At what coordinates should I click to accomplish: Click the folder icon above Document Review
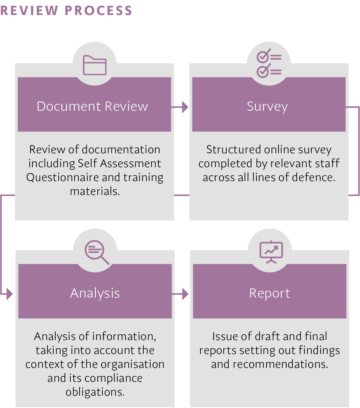(95, 65)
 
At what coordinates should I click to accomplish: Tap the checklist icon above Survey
(269, 63)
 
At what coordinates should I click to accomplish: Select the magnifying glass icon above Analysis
(96, 252)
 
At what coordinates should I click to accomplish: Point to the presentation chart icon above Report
(271, 252)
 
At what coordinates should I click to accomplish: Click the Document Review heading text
(92, 106)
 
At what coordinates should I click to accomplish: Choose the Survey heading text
(267, 107)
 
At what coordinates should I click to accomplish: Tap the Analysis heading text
(95, 293)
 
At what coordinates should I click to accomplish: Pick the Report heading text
(270, 293)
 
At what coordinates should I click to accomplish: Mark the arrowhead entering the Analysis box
(9, 295)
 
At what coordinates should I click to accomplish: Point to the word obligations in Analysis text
(95, 392)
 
